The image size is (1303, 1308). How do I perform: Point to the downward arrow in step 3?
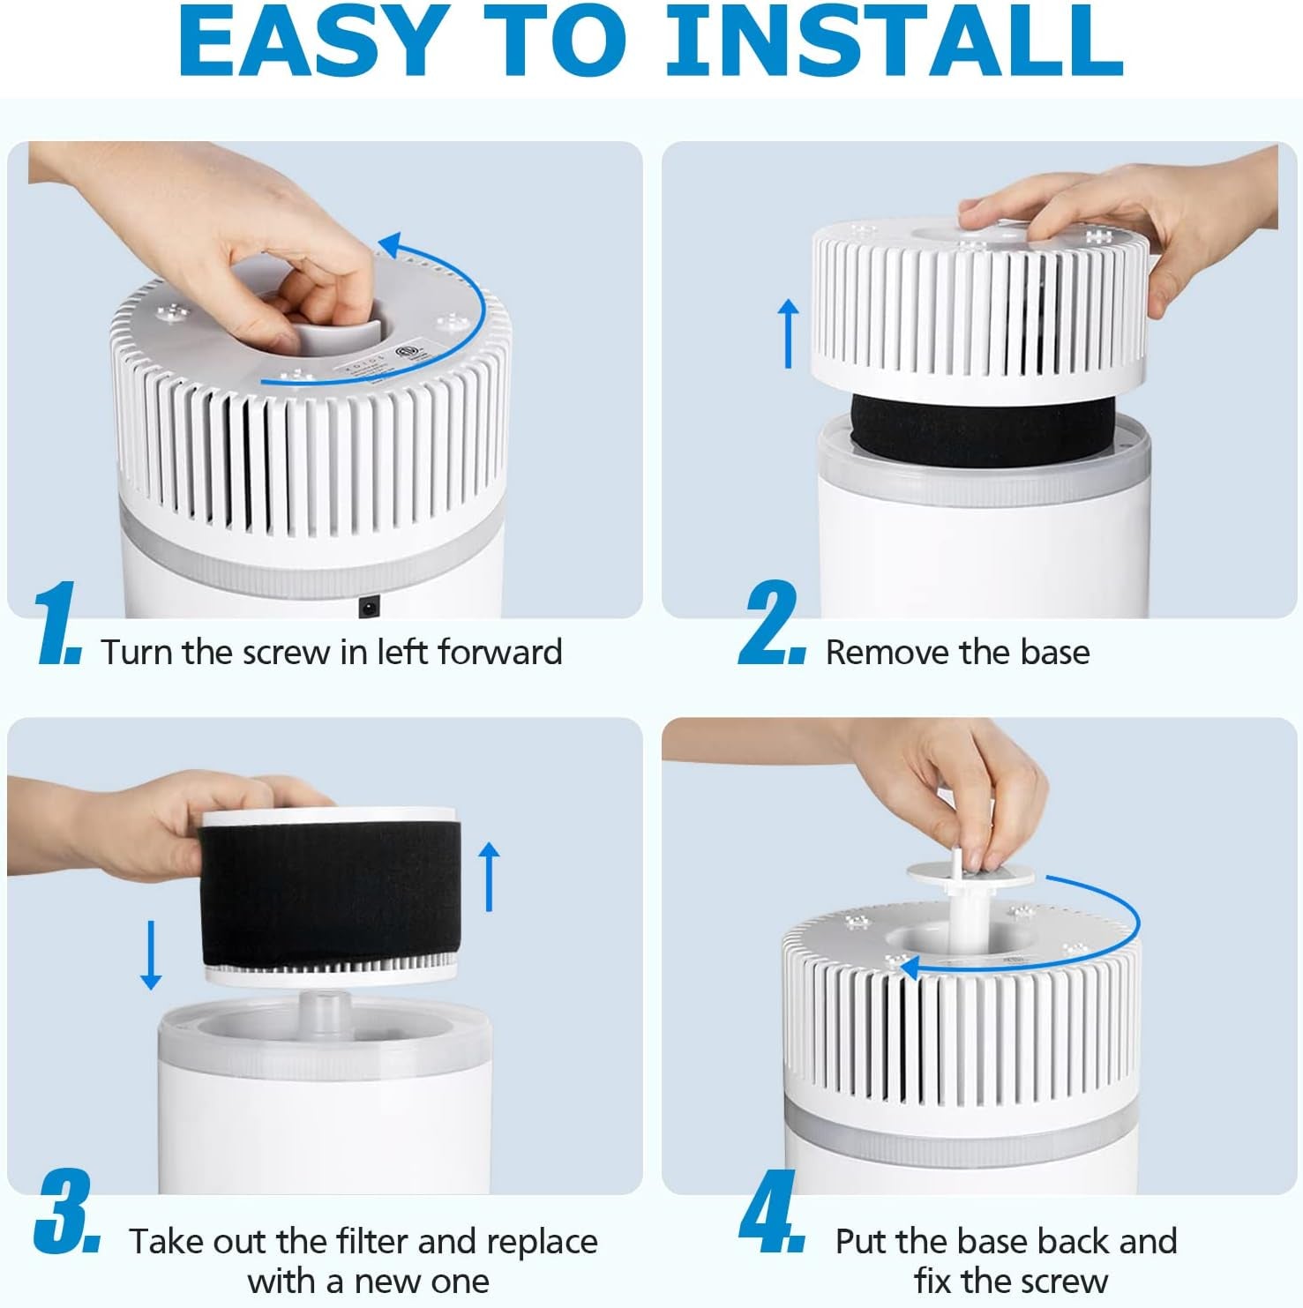[151, 954]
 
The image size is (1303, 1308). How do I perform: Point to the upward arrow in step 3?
[488, 876]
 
